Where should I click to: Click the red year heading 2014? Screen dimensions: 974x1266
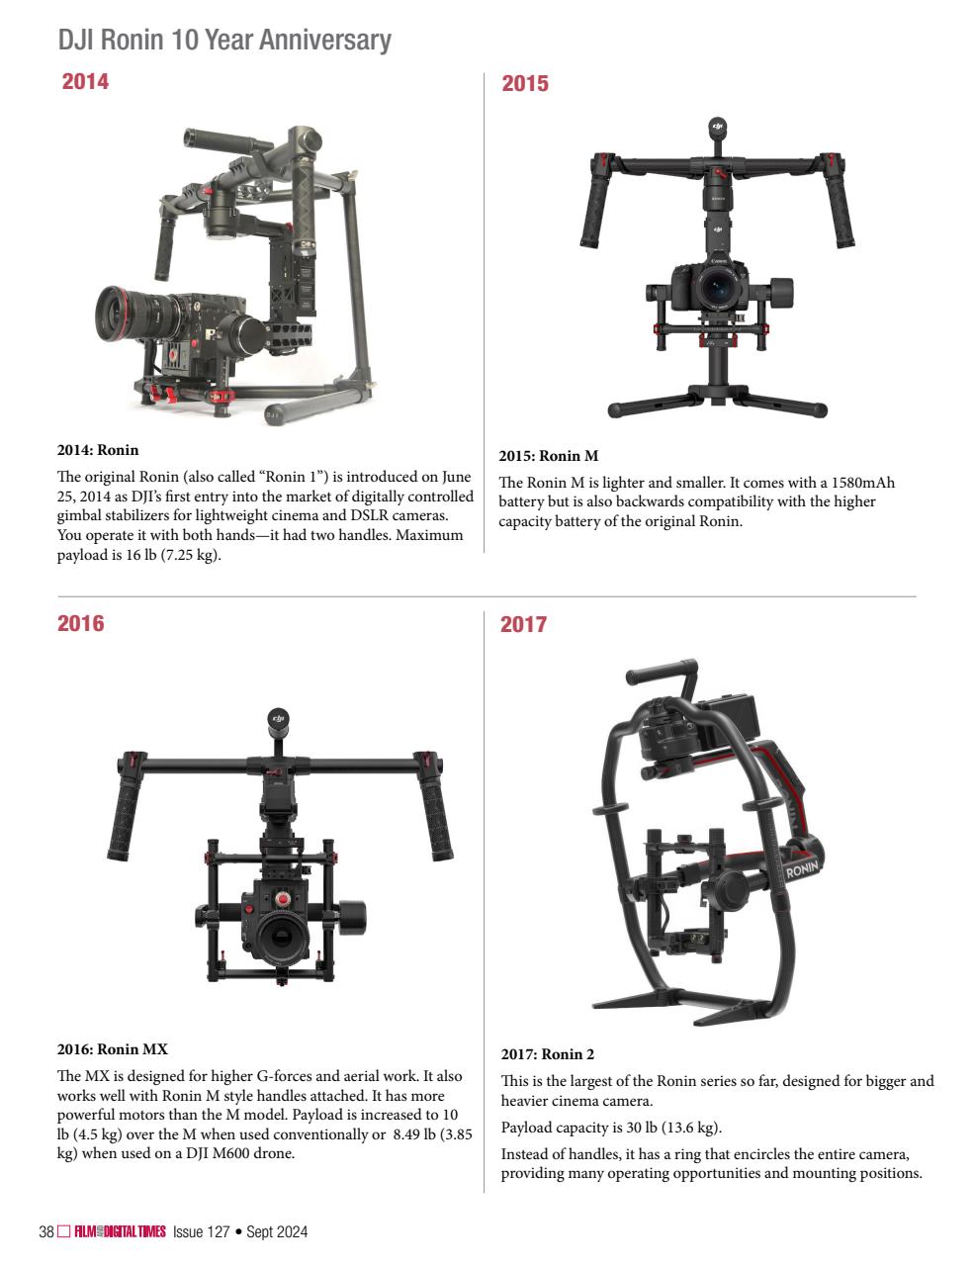(x=85, y=81)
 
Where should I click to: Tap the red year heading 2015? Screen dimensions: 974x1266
(x=524, y=83)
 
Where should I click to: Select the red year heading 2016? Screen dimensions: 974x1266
(x=80, y=623)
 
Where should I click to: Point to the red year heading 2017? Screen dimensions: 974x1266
(x=523, y=624)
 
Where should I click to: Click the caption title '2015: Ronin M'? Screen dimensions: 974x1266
(x=549, y=456)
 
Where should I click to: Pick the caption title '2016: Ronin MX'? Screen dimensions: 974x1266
(x=113, y=1049)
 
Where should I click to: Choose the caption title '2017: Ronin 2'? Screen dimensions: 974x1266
(x=548, y=1054)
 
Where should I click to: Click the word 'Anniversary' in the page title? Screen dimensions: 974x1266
(x=325, y=41)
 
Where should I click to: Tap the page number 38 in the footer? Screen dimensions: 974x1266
(x=46, y=1231)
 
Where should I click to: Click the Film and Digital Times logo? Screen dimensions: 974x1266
(x=120, y=1231)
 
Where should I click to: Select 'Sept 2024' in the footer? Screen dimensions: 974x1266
(x=277, y=1231)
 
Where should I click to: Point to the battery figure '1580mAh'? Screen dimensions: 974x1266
(x=862, y=483)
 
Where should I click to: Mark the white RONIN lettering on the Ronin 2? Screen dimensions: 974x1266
(x=802, y=869)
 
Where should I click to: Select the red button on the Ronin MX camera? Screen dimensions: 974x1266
(x=283, y=899)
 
